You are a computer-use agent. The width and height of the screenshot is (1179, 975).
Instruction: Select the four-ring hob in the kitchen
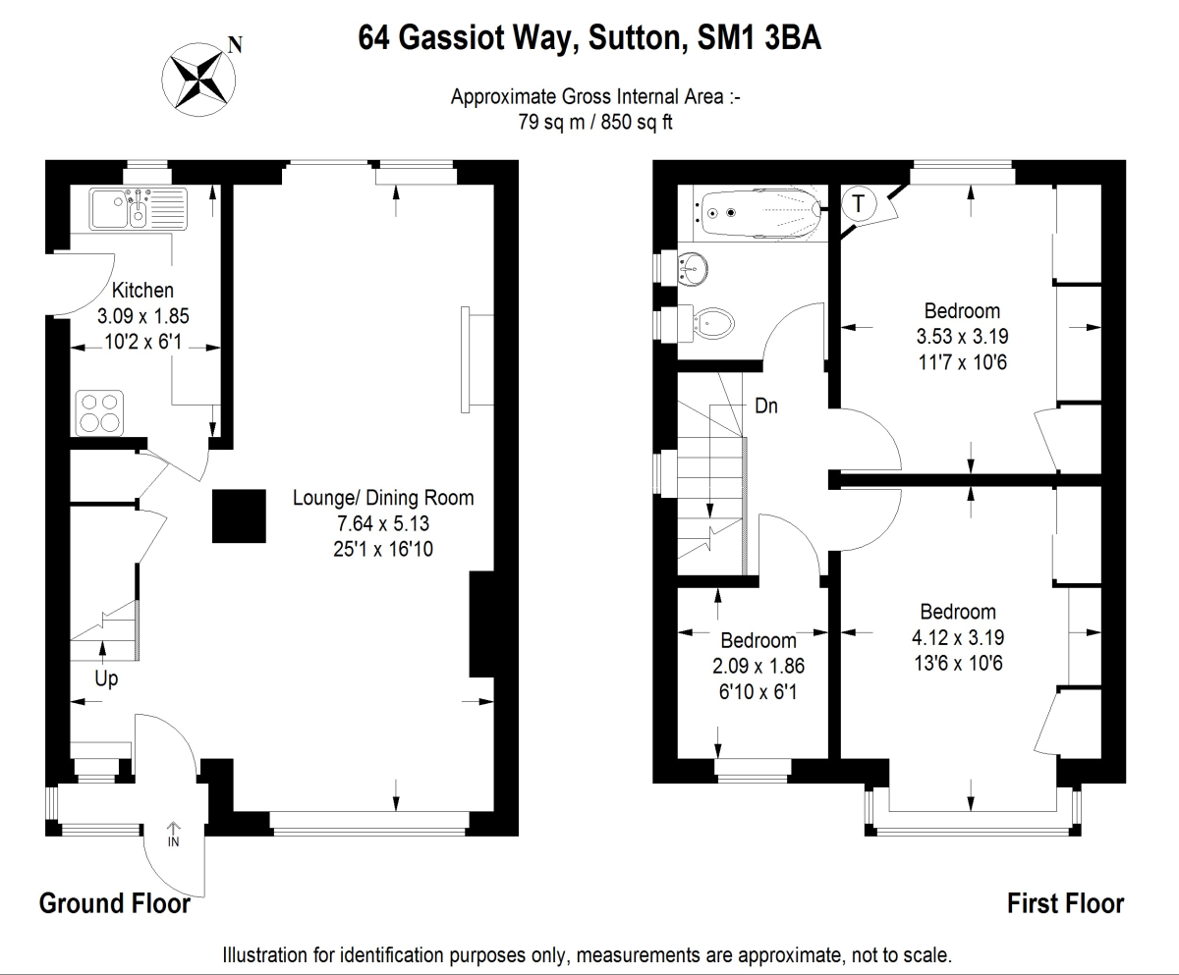(101, 412)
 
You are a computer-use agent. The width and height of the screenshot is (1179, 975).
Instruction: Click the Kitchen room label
(142, 291)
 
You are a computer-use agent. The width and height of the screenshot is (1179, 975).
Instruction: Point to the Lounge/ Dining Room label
(383, 498)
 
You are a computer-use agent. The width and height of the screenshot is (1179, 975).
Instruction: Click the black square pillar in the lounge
(241, 516)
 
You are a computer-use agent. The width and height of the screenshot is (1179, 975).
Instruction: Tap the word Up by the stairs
(106, 678)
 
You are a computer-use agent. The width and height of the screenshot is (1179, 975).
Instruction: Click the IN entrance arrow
(174, 835)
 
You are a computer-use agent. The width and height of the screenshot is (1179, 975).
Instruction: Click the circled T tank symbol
(860, 204)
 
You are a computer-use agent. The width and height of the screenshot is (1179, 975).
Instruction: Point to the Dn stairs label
(766, 406)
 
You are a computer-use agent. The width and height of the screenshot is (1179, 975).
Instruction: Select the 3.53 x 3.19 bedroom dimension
(962, 336)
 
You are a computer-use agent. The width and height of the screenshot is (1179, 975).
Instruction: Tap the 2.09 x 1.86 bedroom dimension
(758, 665)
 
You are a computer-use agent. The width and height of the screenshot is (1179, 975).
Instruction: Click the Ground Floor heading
(114, 903)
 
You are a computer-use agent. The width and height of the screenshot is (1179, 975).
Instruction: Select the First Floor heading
(1065, 903)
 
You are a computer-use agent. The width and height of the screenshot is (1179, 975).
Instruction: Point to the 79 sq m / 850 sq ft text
(594, 122)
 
